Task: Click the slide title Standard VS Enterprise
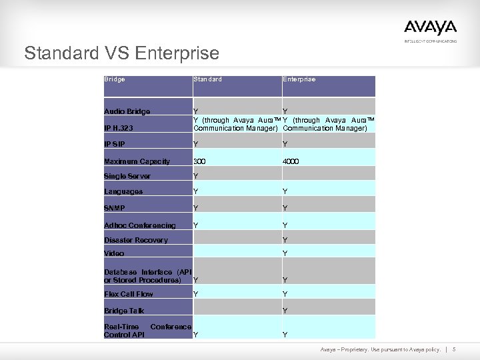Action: (121, 53)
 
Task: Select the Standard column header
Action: (207, 79)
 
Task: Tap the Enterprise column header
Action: (299, 79)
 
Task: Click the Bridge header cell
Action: (115, 79)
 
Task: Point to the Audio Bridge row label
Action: (127, 111)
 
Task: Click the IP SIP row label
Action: (115, 144)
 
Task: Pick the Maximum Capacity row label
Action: (137, 161)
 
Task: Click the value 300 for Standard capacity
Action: (199, 161)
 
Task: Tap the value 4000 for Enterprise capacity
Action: (291, 161)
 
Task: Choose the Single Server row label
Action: (127, 177)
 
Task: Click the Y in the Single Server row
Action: (195, 177)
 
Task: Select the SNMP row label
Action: (115, 208)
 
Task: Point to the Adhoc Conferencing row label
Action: (140, 225)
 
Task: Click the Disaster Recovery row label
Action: (136, 240)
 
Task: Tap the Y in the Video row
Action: (285, 253)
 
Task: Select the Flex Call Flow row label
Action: (129, 294)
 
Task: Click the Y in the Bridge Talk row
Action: (285, 311)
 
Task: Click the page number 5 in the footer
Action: (453, 349)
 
